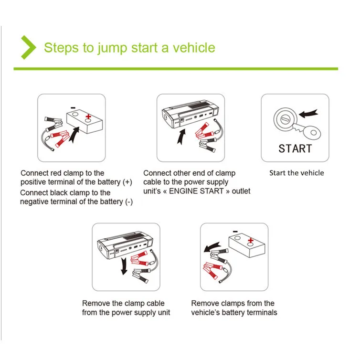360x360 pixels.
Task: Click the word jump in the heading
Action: (112, 49)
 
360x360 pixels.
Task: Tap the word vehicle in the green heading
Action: (194, 48)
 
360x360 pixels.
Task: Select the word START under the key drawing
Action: (295, 148)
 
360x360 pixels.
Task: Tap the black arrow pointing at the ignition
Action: (308, 113)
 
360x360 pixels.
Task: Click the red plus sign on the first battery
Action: (88, 117)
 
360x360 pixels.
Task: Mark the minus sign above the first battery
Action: (73, 108)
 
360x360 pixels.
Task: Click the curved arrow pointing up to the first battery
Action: (74, 136)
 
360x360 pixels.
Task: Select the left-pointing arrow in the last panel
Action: (212, 247)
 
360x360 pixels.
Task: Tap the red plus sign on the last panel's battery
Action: (251, 240)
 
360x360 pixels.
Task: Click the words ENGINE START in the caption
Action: (196, 191)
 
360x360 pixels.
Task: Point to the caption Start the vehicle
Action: (296, 173)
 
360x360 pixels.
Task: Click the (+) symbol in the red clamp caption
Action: (127, 182)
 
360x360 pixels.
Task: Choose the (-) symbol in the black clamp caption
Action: (129, 202)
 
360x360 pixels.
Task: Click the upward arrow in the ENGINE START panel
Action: (181, 137)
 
